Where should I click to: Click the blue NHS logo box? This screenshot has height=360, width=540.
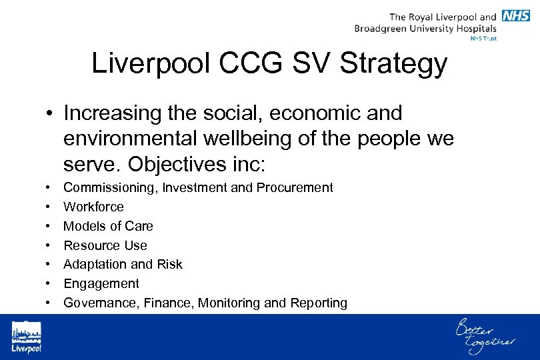coord(516,16)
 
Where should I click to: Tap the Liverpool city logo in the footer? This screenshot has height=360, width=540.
coord(26,337)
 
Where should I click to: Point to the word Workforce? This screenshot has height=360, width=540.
coord(93,207)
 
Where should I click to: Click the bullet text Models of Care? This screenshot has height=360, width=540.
coord(108,226)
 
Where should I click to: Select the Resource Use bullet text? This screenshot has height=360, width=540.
coord(105,245)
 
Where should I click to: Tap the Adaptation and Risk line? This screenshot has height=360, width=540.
coord(123,264)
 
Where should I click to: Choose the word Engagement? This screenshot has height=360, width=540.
coord(101,283)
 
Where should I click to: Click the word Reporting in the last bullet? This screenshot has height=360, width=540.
coord(319,303)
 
